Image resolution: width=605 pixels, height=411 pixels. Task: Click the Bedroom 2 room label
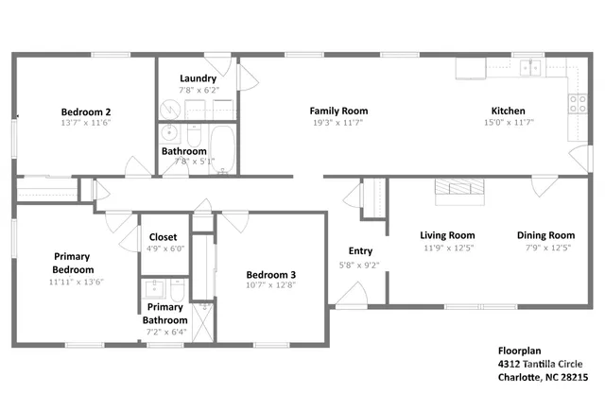pyautogui.click(x=83, y=110)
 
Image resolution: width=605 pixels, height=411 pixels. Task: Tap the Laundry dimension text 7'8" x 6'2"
pyautogui.click(x=199, y=91)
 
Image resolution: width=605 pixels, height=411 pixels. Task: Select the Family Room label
pyautogui.click(x=338, y=111)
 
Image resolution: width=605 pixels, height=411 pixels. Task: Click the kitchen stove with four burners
pyautogui.click(x=575, y=104)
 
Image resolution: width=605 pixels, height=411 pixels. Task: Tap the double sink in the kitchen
pyautogui.click(x=535, y=67)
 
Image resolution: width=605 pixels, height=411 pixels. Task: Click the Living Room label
pyautogui.click(x=447, y=235)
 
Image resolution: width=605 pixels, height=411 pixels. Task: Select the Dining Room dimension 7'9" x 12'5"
pyautogui.click(x=545, y=248)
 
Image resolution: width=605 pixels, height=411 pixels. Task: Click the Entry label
pyautogui.click(x=360, y=251)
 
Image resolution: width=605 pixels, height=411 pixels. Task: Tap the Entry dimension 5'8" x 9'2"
pyautogui.click(x=360, y=264)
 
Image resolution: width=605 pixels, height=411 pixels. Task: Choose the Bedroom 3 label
pyautogui.click(x=271, y=275)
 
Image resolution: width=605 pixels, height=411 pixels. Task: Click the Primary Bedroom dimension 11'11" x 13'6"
pyautogui.click(x=72, y=281)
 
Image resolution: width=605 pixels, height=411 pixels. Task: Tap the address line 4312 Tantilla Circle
pyautogui.click(x=540, y=363)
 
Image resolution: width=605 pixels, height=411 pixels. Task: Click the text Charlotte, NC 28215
pyautogui.click(x=543, y=376)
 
